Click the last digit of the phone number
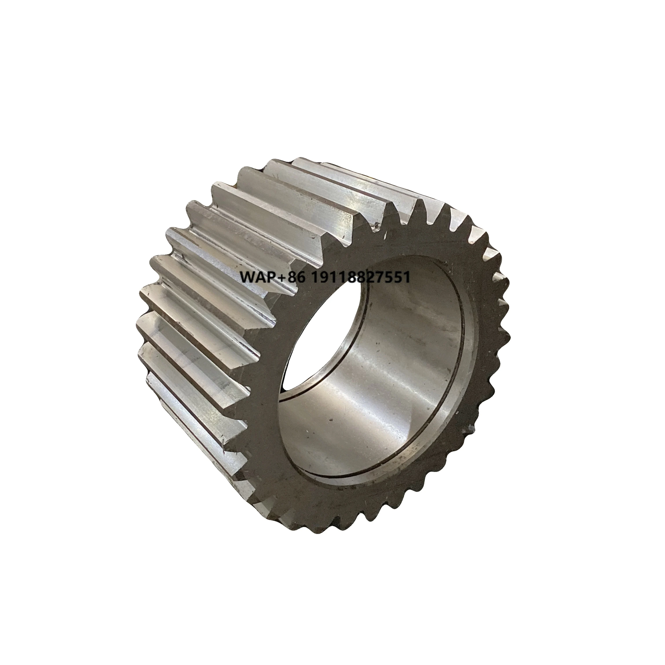pos(407,277)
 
